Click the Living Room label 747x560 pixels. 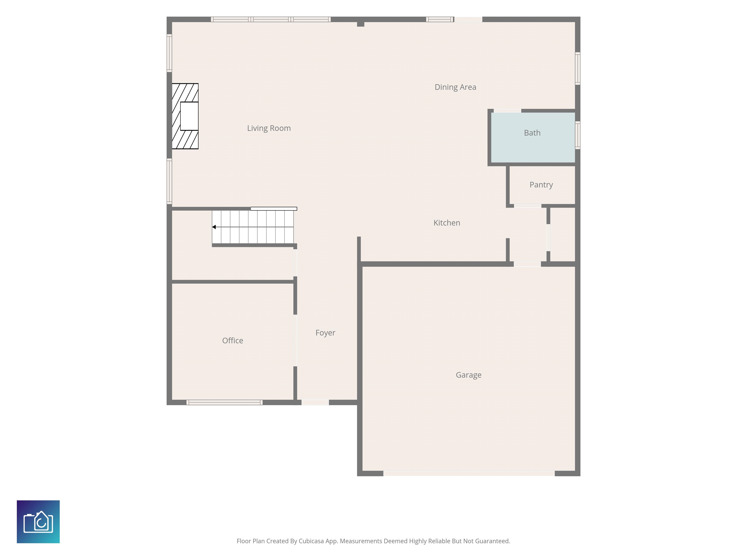click(269, 128)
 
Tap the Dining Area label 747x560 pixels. click(455, 87)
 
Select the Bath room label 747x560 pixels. click(532, 133)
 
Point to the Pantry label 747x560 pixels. click(541, 185)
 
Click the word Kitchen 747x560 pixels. click(447, 223)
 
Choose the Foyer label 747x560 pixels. click(325, 333)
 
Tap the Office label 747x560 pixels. click(233, 341)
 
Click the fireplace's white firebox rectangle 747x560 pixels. click(189, 116)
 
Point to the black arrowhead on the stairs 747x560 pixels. click(214, 227)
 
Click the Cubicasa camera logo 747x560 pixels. click(38, 522)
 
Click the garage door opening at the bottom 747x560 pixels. click(469, 473)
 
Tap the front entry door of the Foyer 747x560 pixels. click(315, 402)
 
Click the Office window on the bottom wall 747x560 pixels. click(225, 402)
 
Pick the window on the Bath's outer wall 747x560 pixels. click(578, 135)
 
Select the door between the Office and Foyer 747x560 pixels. click(295, 340)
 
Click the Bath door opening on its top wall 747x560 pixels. click(507, 111)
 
